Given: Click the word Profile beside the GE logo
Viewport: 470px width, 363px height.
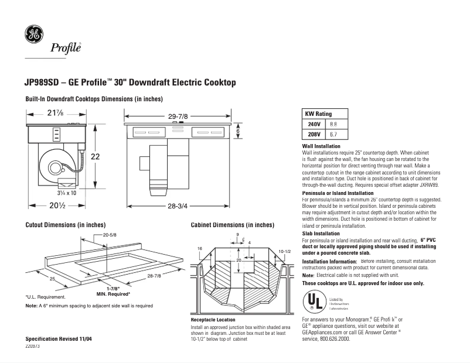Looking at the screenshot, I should click(66, 48).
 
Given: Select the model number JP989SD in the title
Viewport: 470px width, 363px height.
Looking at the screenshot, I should click(44, 83).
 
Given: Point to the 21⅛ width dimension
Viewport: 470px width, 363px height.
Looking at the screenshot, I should click(56, 113).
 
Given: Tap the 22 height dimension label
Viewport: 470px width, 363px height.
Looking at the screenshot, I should click(95, 156).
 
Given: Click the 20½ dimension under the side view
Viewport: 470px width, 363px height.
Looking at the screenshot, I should click(56, 206).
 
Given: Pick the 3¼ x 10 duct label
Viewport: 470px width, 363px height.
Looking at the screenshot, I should click(66, 192).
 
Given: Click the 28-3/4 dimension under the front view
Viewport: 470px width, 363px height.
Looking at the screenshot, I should click(178, 206).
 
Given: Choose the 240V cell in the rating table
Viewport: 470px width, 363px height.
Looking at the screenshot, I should click(314, 124).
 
